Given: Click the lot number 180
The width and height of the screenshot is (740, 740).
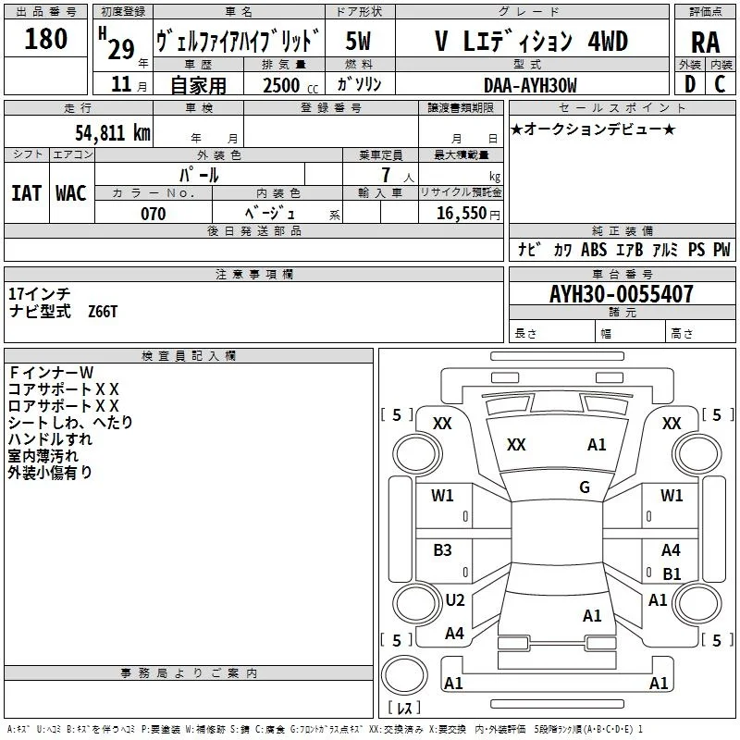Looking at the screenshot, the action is pyautogui.click(x=45, y=39).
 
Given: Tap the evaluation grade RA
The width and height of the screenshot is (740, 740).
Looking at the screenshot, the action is pyautogui.click(x=705, y=43).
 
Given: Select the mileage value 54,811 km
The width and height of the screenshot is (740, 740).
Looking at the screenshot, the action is pyautogui.click(x=113, y=133).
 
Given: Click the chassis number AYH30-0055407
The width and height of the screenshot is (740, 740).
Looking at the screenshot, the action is pyautogui.click(x=622, y=294).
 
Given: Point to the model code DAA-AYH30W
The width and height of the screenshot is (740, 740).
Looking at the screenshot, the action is pyautogui.click(x=530, y=85).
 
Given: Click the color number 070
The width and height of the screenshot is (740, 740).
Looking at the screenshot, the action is pyautogui.click(x=154, y=214).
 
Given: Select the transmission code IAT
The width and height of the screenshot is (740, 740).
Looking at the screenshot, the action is pyautogui.click(x=27, y=193).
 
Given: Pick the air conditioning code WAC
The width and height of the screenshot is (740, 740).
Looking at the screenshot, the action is pyautogui.click(x=71, y=193).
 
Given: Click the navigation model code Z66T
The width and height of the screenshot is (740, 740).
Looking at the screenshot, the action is pyautogui.click(x=103, y=312).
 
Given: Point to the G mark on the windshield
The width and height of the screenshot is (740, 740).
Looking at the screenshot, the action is pyautogui.click(x=585, y=487).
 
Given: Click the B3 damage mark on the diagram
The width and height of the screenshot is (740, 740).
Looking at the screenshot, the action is pyautogui.click(x=443, y=550).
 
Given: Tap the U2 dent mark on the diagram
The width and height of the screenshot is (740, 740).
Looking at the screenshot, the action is pyautogui.click(x=455, y=600).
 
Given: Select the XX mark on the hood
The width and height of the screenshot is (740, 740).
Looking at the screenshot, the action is pyautogui.click(x=516, y=445).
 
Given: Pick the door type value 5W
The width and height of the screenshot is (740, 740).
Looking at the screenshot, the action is pyautogui.click(x=358, y=41).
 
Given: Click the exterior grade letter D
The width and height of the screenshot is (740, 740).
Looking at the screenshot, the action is pyautogui.click(x=690, y=84).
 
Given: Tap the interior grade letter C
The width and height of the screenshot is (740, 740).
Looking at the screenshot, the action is pyautogui.click(x=720, y=84).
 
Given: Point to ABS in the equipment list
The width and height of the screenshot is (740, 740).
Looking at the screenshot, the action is pyautogui.click(x=594, y=250).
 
